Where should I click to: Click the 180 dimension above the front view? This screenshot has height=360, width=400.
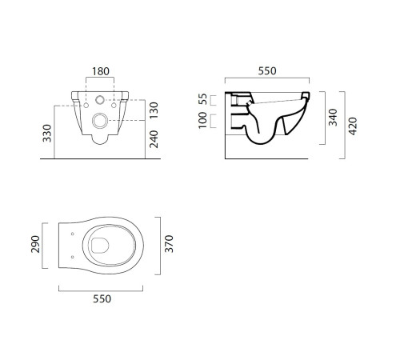(x=101, y=71)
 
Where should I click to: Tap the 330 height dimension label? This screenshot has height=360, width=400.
(x=47, y=133)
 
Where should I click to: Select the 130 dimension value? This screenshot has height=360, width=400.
(x=154, y=110)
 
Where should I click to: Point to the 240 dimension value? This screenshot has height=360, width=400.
(x=154, y=139)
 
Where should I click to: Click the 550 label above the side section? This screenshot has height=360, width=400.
(x=267, y=71)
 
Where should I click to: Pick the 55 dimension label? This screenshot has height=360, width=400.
(x=202, y=99)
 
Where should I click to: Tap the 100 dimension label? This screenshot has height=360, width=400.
(x=202, y=120)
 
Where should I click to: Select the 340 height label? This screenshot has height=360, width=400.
(x=333, y=118)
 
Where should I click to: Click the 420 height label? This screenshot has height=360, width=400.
(x=353, y=126)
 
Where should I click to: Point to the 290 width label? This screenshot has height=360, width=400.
(x=35, y=244)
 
